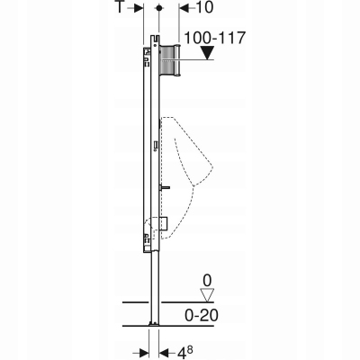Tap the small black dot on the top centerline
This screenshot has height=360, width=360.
coord(158,7)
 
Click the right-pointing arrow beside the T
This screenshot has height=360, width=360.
coord(139,7)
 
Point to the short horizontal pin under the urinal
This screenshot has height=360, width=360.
coord(166,188)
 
